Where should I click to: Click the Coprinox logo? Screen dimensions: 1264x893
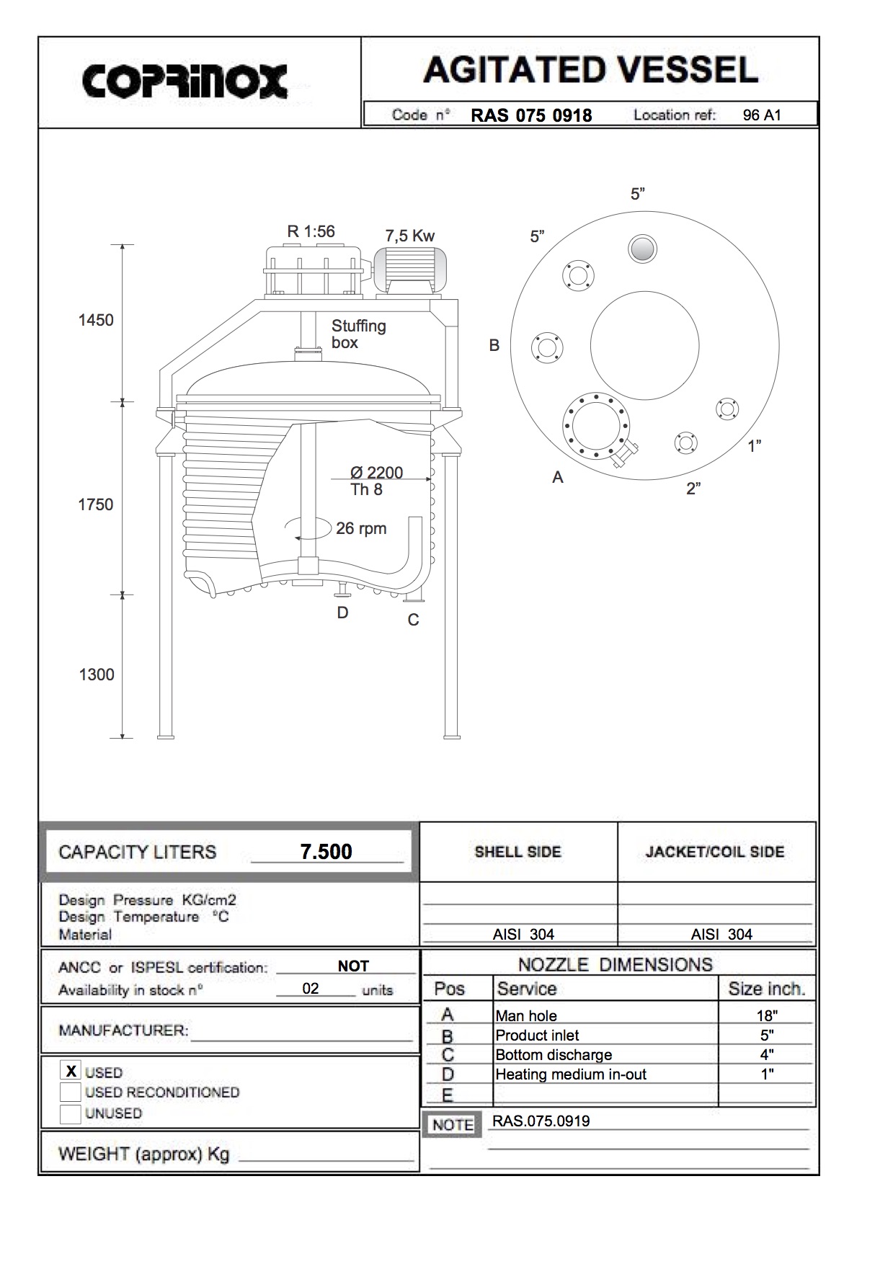pos(185,81)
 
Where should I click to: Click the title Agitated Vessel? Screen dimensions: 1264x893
pos(590,70)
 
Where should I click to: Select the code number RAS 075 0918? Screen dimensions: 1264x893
pos(531,115)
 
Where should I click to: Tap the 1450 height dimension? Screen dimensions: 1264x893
pos(96,320)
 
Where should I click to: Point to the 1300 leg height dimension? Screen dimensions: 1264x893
pos(97,675)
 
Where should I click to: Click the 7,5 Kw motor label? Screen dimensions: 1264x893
pos(409,236)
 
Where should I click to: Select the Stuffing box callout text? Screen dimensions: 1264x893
pos(358,334)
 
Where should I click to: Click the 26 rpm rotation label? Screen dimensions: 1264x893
pos(360,528)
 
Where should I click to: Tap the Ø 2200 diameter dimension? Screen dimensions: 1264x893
pos(376,473)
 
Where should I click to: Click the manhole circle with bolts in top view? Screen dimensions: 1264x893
pos(595,425)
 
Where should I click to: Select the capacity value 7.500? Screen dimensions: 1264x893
pos(326,851)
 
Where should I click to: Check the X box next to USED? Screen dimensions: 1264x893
pos(71,1071)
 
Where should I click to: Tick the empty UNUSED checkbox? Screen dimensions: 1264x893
pos(71,1113)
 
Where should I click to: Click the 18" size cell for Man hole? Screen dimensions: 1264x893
pos(766,1015)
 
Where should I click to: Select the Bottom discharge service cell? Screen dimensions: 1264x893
pos(554,1054)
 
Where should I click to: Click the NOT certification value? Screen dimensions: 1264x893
pos(353,966)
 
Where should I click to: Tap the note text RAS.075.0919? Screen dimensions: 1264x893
pos(541,1121)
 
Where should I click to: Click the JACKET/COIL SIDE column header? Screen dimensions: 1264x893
pos(715,851)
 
